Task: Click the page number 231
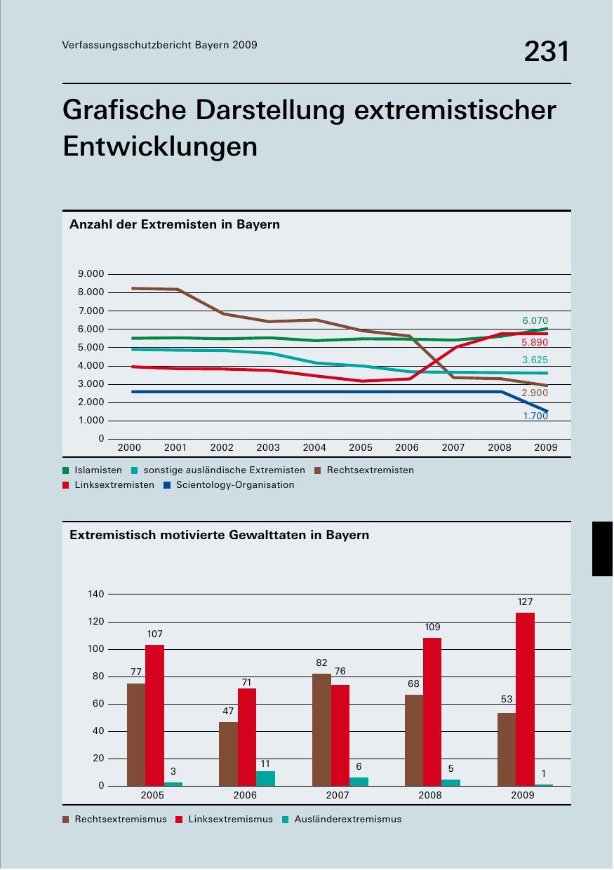[546, 52]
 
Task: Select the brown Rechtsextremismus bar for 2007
[321, 729]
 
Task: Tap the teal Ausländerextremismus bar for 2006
[265, 778]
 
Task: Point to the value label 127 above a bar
[525, 601]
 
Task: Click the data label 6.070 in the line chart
[535, 320]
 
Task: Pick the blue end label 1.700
[535, 416]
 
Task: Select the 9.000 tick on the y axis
[91, 273]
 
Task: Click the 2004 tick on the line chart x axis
[314, 447]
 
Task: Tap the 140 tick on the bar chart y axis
[96, 594]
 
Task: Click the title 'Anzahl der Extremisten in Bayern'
[175, 224]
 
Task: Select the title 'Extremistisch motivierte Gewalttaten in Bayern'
[219, 534]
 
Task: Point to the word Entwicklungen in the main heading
[160, 146]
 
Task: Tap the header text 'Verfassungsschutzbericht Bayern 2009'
[159, 45]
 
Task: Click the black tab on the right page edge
[603, 548]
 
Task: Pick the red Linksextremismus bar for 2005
[154, 715]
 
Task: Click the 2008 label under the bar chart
[430, 795]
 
